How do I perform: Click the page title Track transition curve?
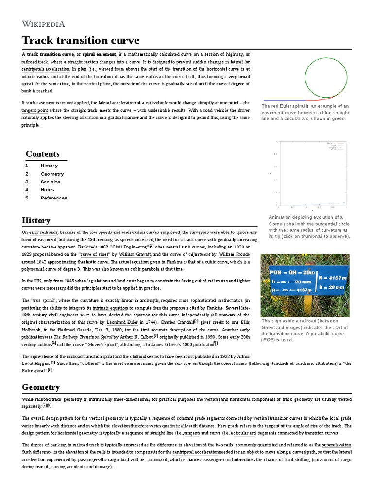[x=81, y=40]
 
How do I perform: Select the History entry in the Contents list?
[x=49, y=166]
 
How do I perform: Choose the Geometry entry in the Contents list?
[x=52, y=174]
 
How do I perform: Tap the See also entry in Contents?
[x=51, y=182]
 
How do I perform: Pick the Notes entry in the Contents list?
[x=48, y=190]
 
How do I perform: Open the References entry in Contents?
[x=54, y=198]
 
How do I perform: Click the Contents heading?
[x=43, y=154]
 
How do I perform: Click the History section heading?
[x=36, y=220]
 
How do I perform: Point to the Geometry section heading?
[x=41, y=387]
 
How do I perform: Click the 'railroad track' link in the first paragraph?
[x=34, y=62]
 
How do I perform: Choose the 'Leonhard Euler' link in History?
[x=122, y=322]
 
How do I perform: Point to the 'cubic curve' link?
[x=217, y=262]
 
